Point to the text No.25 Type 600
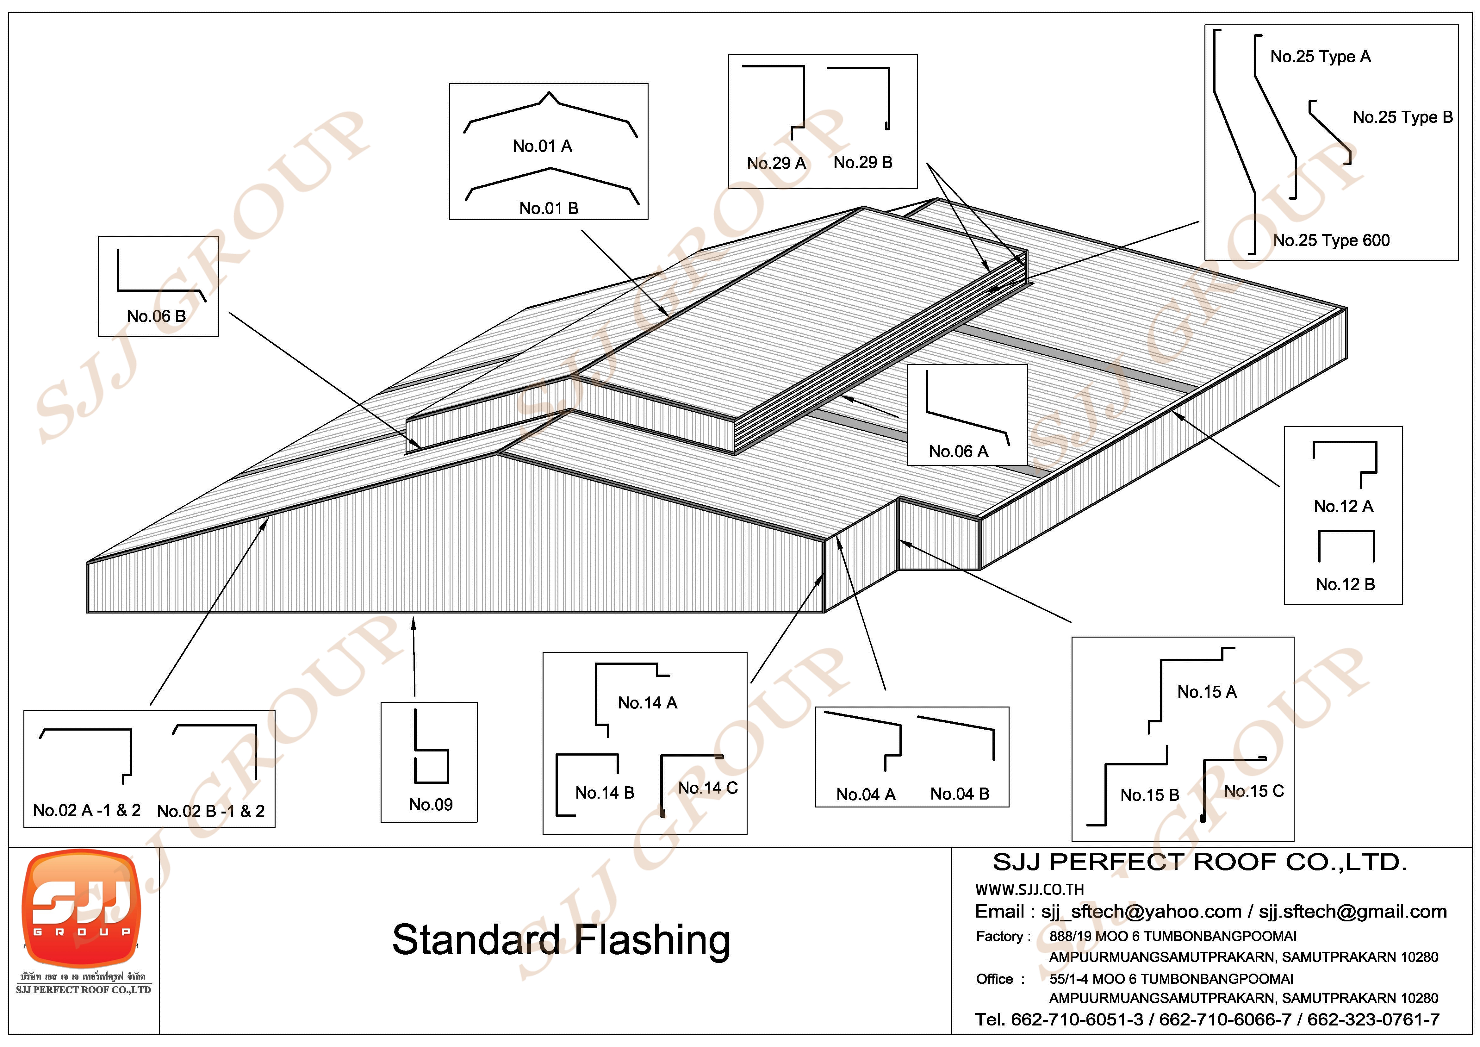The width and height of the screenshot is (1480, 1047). pos(1331,240)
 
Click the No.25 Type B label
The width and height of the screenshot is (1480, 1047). pos(1402,117)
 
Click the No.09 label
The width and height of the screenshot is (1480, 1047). pos(431,805)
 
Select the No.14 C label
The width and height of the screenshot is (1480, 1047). pos(708,788)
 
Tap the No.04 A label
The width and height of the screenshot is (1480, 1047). pos(866,794)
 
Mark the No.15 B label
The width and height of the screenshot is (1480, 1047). pos(1149,795)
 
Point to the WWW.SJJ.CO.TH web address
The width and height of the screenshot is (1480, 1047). pos(1029,890)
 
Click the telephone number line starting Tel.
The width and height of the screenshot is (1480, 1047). pos(1207,1019)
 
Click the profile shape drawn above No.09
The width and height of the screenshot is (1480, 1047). pos(431,748)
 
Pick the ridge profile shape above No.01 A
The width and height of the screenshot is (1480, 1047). pos(550,113)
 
